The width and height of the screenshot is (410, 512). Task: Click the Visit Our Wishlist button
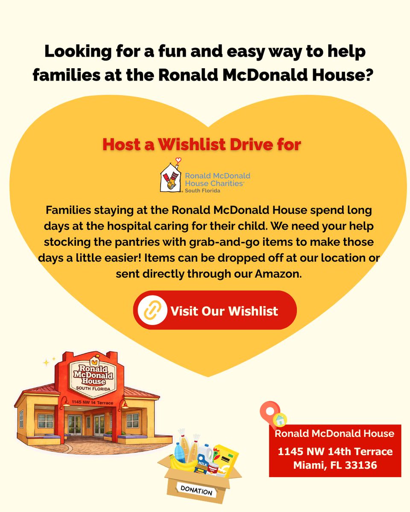(x=215, y=310)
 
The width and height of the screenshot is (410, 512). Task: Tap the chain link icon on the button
(x=152, y=310)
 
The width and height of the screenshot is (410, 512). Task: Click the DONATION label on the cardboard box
(x=196, y=491)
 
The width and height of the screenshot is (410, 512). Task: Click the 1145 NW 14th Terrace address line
(x=335, y=451)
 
